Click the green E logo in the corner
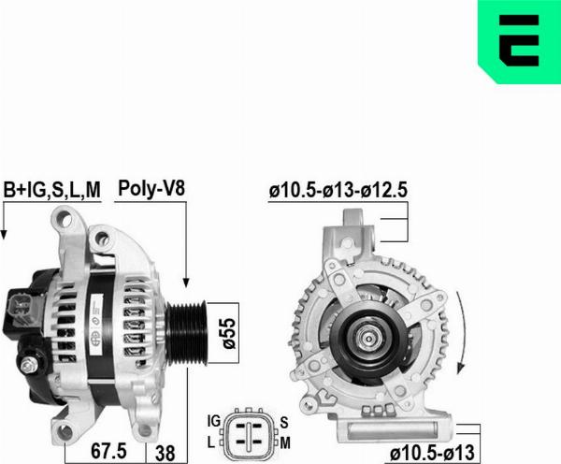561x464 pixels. pos(519,41)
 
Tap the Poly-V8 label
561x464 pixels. pos(151,187)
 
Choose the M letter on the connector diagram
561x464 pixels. pos(284,440)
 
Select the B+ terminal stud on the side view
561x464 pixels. pos(33,363)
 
